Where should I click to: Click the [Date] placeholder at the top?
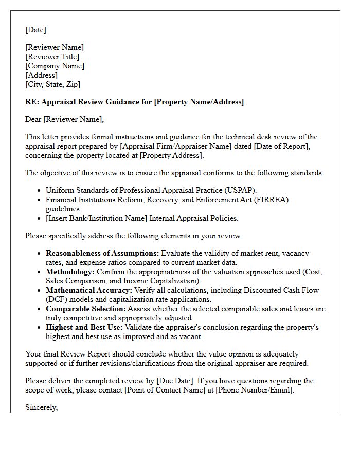[35, 30]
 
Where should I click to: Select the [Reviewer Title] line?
[52, 57]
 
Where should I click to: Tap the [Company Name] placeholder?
[55, 66]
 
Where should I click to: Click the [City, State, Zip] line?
[53, 84]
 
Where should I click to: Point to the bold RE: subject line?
[134, 102]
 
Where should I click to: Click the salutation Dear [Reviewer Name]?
[64, 119]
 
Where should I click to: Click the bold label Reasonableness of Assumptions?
[102, 253]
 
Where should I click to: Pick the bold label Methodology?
[70, 272]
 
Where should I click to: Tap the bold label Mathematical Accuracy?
[89, 290]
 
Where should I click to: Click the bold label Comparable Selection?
[85, 309]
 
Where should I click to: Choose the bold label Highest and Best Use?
[85, 327]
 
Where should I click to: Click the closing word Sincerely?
[41, 407]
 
